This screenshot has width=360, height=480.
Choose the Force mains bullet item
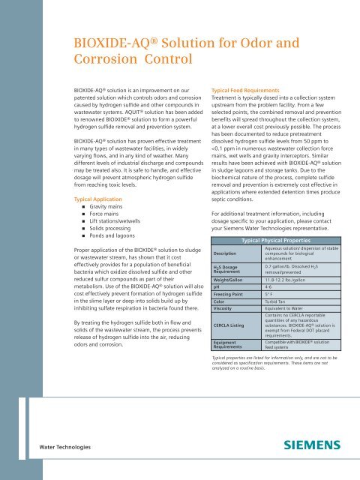[109, 196]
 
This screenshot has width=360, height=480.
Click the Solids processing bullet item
[115, 213]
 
